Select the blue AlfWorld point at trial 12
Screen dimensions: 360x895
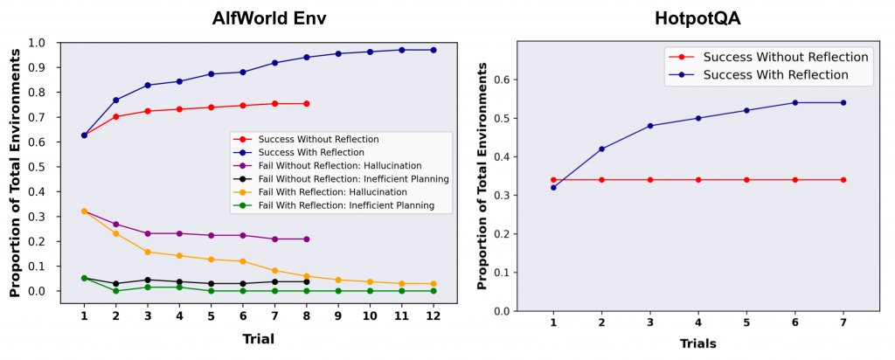[x=434, y=50]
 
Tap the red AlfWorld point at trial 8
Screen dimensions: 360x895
[x=306, y=103]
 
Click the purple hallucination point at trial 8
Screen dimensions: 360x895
[x=306, y=239]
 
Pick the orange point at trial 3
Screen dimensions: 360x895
[x=147, y=252]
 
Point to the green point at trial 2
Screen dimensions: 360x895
[x=115, y=291]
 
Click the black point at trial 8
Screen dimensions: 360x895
[x=306, y=281]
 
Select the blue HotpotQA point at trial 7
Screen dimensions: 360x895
[x=843, y=102]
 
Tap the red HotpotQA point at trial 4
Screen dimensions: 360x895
[x=698, y=180]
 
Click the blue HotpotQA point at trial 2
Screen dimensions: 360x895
[x=601, y=149]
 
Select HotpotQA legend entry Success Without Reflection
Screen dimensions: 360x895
[x=786, y=57]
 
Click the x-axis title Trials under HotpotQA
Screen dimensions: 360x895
[x=697, y=343]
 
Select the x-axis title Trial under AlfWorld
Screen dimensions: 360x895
[x=257, y=339]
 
